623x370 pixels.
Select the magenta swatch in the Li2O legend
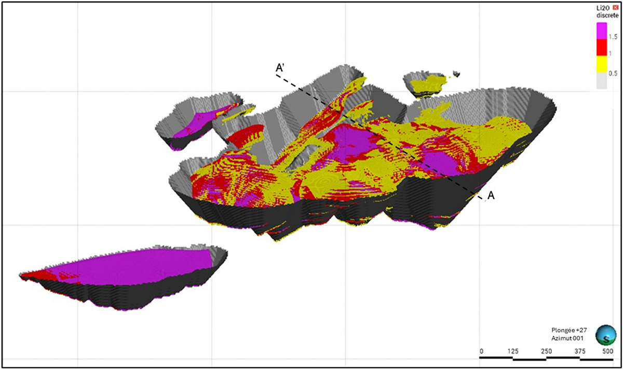[x=602, y=31]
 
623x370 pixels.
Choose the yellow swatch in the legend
[x=602, y=64]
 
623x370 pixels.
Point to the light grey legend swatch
[x=602, y=81]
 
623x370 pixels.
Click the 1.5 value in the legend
[x=613, y=36]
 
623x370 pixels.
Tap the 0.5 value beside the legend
[x=613, y=74]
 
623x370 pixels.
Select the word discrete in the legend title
[x=605, y=16]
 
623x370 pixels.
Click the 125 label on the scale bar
[x=513, y=351]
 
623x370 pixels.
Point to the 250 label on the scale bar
[x=546, y=351]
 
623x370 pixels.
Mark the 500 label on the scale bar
[x=607, y=351]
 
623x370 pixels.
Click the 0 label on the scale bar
[x=481, y=351]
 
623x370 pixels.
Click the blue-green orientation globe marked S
[x=605, y=335]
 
